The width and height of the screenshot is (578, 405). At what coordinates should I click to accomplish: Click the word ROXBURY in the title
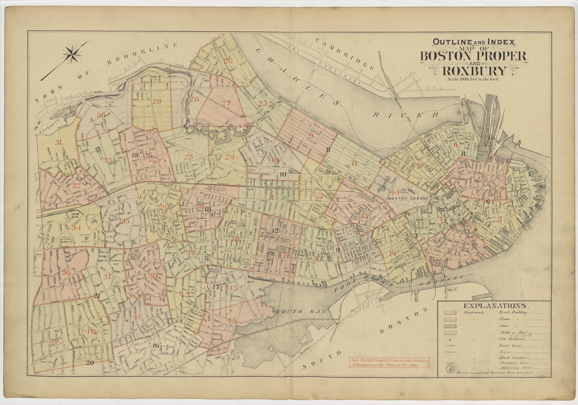[474, 70]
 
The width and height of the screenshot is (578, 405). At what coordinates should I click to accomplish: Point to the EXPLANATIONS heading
[495, 305]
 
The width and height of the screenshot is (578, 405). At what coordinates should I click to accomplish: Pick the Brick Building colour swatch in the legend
[450, 313]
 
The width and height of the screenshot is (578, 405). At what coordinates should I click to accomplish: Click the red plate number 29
[157, 101]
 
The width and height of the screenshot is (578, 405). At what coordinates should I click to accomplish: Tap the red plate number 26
[228, 60]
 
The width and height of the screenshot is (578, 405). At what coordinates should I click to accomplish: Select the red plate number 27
[226, 103]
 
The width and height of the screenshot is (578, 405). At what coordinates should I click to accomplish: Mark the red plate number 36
[66, 272]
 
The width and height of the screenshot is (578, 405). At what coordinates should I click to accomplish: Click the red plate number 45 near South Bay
[232, 320]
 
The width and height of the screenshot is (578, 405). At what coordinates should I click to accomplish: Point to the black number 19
[135, 155]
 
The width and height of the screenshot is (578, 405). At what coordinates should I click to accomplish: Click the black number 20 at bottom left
[89, 362]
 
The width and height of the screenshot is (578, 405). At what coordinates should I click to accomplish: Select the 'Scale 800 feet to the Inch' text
[473, 79]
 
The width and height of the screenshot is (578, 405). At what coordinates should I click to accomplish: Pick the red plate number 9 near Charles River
[311, 135]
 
